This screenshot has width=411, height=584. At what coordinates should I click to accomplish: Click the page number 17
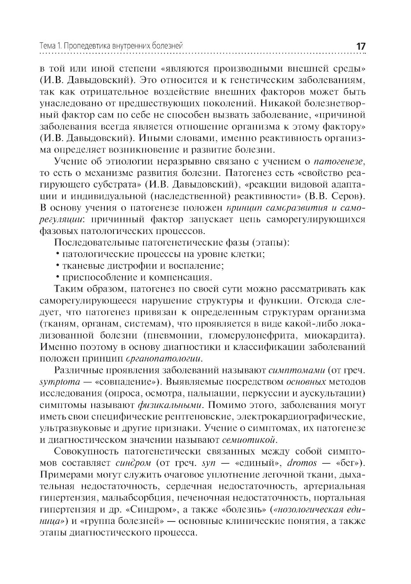(x=360, y=46)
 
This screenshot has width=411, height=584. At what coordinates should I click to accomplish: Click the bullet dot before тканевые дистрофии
(x=57, y=265)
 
